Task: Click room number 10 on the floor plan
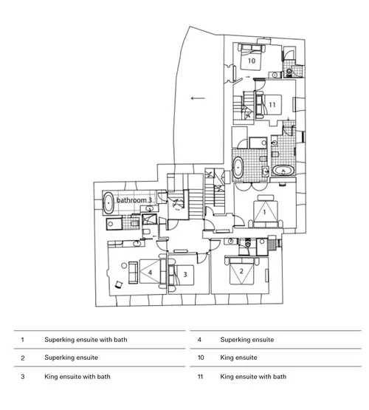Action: pos(251,61)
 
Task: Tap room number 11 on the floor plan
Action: pos(272,105)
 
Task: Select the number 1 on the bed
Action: pos(264,212)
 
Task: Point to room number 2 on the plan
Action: pos(241,271)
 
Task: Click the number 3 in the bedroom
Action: pos(185,274)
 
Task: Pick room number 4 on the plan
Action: pos(150,273)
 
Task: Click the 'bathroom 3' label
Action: pos(134,200)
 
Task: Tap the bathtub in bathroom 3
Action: pos(108,203)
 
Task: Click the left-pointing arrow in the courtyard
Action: pos(198,98)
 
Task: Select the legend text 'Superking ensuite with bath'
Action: pos(86,340)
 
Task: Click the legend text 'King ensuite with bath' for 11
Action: pos(253,377)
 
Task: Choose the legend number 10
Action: pos(201,358)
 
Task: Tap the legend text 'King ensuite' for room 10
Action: pos(238,358)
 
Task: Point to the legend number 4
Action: pos(199,340)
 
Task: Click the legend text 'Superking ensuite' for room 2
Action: pos(71,358)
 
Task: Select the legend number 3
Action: pos(23,377)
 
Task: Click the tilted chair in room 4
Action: pos(119,284)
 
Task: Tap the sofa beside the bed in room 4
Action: pos(133,272)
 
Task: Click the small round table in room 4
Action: pos(124,266)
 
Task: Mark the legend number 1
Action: pos(22,340)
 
